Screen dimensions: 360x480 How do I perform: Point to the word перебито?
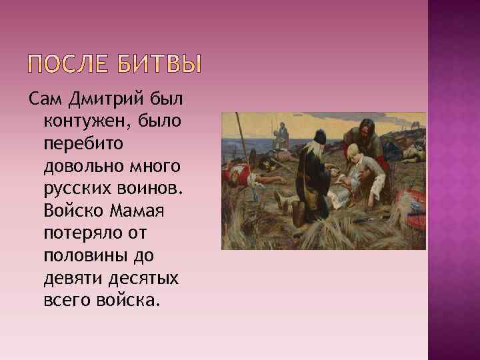(x=78, y=143)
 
